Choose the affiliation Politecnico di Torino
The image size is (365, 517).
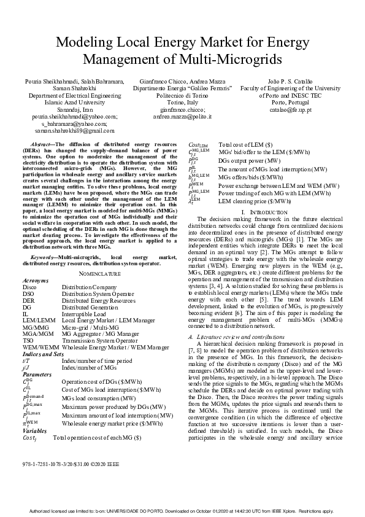(182, 96)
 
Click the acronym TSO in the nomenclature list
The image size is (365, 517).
(28, 340)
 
